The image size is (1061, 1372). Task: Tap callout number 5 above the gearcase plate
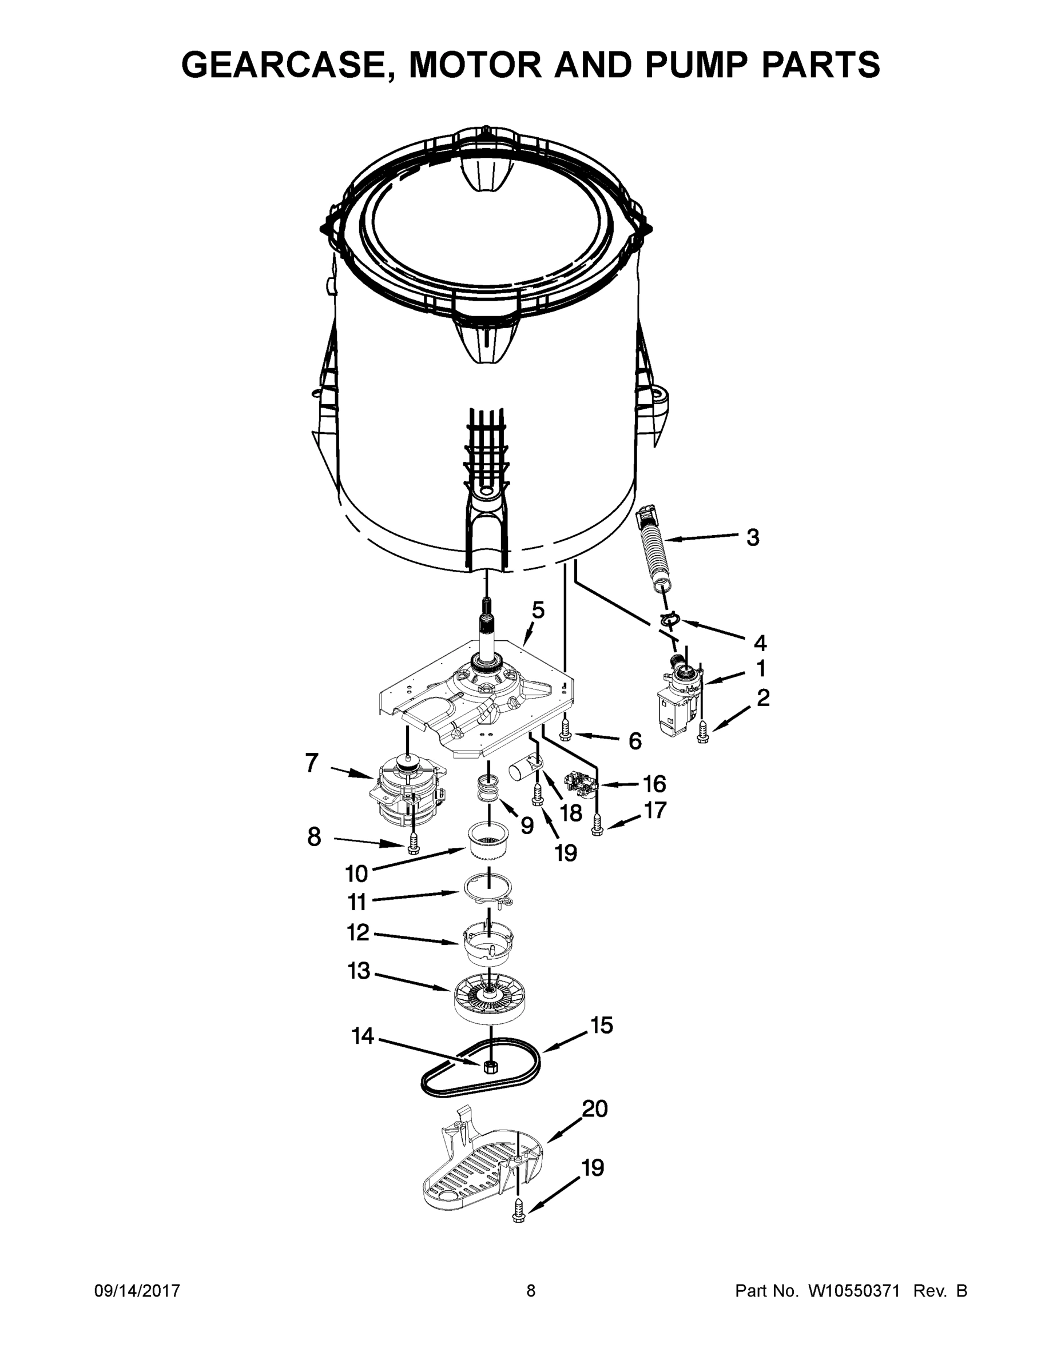pyautogui.click(x=538, y=609)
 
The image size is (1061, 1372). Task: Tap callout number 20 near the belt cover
pyautogui.click(x=595, y=1110)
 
